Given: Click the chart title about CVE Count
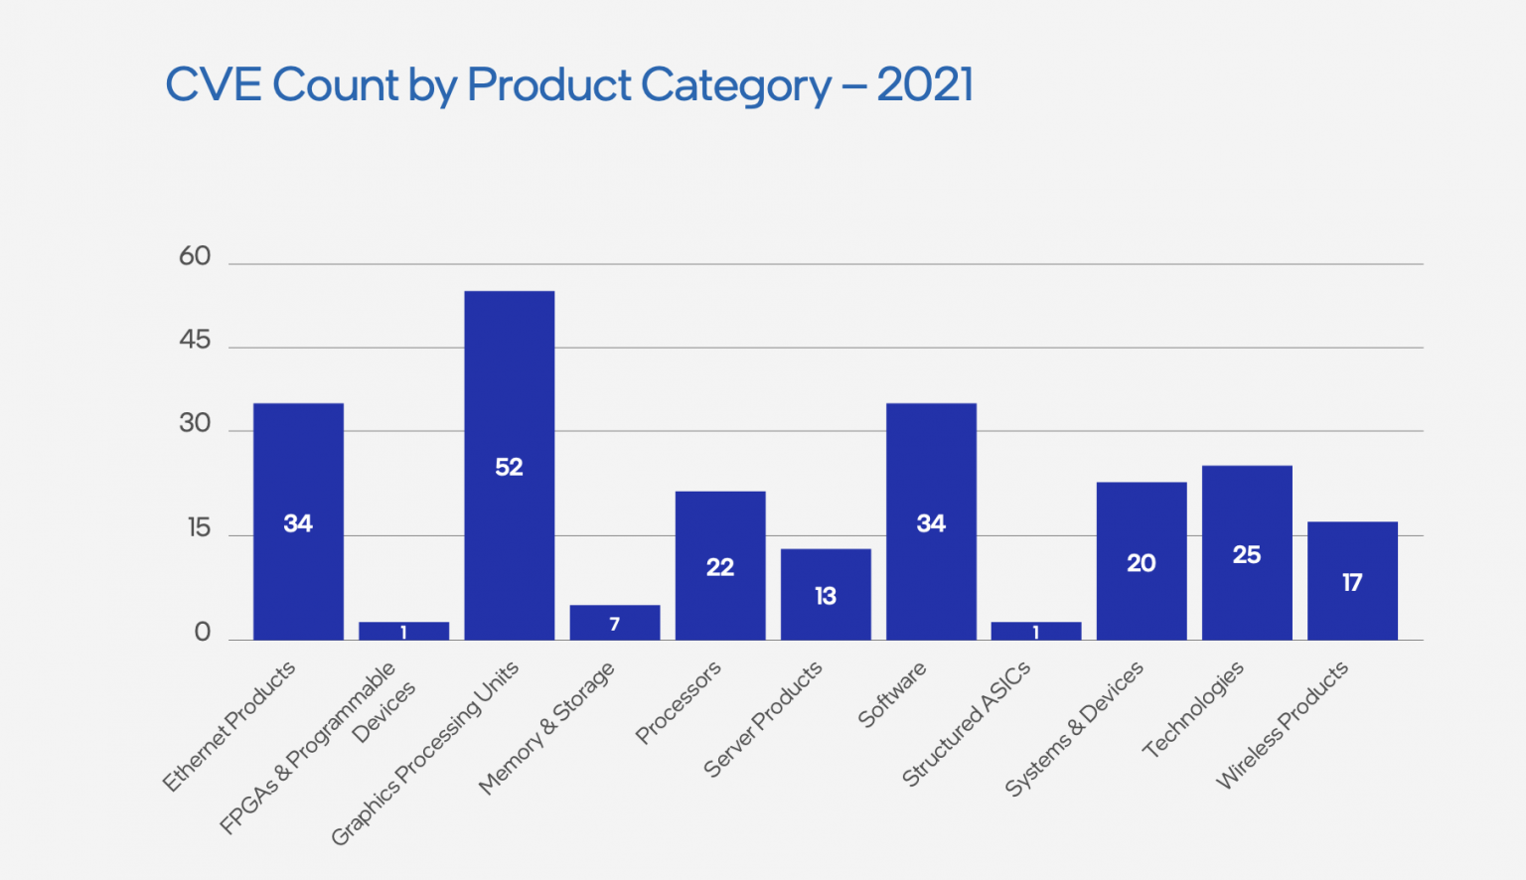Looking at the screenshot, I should click(568, 85).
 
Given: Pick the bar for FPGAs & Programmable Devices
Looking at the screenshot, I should click(403, 631).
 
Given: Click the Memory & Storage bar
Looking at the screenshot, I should click(614, 623).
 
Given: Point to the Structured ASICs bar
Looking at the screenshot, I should click(1036, 631).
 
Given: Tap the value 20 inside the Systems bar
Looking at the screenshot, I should click(1142, 563).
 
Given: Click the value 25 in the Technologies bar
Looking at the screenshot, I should click(1247, 554).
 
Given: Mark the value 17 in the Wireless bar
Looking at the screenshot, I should click(1352, 582).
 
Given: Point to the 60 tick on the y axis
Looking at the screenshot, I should click(195, 256).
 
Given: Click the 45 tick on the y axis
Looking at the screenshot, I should click(195, 340).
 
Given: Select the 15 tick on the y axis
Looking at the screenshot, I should click(199, 527).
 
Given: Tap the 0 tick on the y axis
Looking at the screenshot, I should click(203, 632).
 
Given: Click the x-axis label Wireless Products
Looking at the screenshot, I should click(1282, 724).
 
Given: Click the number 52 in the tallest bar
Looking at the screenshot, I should click(509, 467).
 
